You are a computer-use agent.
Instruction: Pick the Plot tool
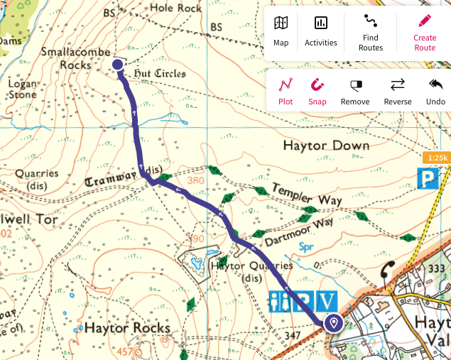pos(286,91)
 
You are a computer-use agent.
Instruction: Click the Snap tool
pos(317,91)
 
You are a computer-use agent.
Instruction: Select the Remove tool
pos(355,91)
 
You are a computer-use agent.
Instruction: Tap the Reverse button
pos(397,91)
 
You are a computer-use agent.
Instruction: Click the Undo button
pos(435,91)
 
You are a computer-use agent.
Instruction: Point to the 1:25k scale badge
pos(435,157)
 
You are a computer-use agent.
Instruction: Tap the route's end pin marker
pos(333,324)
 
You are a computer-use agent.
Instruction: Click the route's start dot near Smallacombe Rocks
pos(118,65)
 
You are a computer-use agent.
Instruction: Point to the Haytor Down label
pos(326,146)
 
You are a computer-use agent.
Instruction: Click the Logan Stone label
pos(22,88)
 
